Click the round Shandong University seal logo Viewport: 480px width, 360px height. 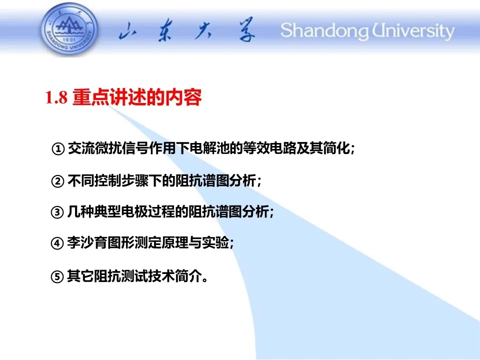click(x=69, y=29)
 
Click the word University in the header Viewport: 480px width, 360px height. click(x=413, y=31)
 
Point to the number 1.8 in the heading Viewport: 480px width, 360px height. click(x=56, y=97)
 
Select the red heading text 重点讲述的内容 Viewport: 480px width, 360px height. click(x=137, y=97)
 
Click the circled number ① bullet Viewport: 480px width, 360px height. click(x=58, y=149)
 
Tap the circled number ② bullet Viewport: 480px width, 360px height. click(x=57, y=181)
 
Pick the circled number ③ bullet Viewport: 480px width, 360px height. click(x=57, y=212)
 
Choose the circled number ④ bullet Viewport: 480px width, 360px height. click(x=57, y=243)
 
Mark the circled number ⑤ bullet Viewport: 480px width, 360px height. click(x=57, y=276)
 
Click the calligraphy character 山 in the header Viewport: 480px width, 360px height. click(x=127, y=31)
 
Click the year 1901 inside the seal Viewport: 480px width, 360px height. click(x=69, y=40)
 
